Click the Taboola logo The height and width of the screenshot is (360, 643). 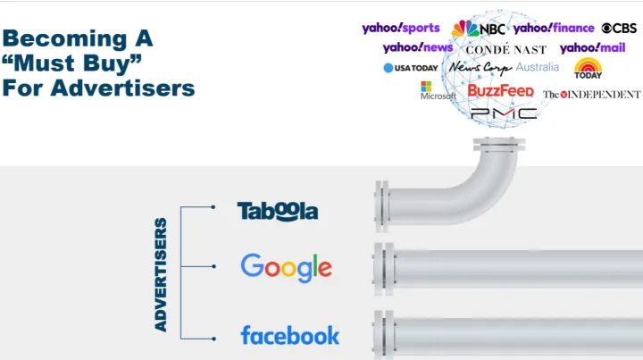(278, 211)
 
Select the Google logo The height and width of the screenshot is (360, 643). (287, 268)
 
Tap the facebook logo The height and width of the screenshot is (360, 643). (289, 335)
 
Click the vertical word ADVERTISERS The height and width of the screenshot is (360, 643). (161, 274)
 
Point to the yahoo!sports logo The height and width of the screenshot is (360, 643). (401, 29)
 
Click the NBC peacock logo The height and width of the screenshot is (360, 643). (478, 29)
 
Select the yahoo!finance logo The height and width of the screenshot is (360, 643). (554, 29)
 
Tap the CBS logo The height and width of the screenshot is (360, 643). (619, 28)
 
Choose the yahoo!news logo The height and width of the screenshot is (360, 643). (418, 47)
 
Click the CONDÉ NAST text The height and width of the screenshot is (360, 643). (506, 49)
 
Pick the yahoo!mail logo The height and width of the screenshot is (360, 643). (593, 48)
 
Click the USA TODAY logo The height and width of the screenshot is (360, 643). (411, 68)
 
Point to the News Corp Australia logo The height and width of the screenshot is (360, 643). (504, 68)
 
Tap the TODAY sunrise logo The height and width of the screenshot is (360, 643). (588, 68)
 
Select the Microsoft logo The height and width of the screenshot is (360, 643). (438, 90)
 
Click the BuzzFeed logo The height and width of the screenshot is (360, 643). (501, 90)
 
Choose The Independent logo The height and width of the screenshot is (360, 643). (592, 95)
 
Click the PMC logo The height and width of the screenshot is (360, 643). (504, 113)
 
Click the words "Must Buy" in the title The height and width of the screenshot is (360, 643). (72, 63)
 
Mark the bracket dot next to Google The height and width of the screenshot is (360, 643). (213, 266)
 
